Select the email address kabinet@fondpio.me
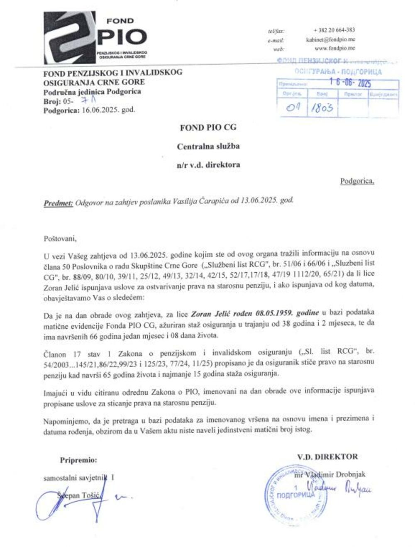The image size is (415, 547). click(330, 39)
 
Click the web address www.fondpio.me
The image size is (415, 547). click(334, 49)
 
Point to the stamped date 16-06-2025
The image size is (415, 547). click(350, 83)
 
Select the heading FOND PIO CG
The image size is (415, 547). click(208, 128)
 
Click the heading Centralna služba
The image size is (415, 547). click(208, 147)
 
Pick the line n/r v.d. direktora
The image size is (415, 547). click(208, 165)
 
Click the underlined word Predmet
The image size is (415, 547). click(58, 203)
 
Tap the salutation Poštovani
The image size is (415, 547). click(60, 239)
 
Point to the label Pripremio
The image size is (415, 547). click(78, 460)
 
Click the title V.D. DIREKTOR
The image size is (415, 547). click(327, 457)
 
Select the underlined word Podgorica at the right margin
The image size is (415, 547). click(357, 181)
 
